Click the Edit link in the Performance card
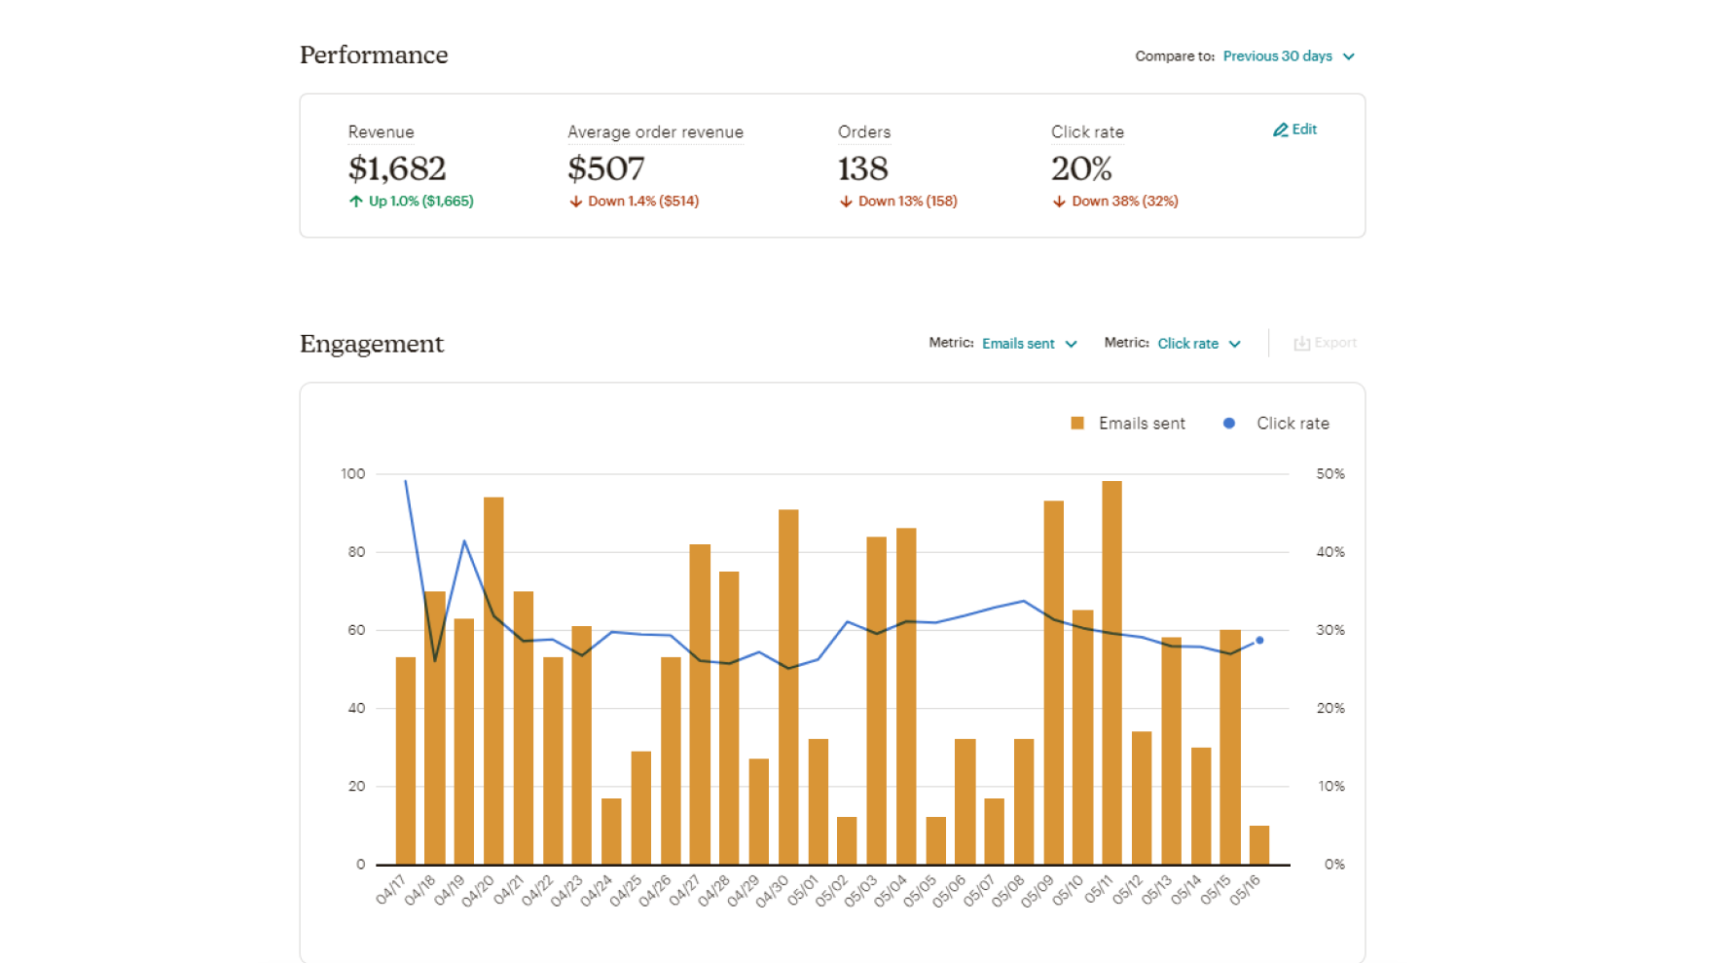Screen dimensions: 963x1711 (1295, 130)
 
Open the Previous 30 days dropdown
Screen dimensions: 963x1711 (1288, 56)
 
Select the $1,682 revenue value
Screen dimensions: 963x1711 (397, 168)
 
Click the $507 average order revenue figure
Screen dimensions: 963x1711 (605, 168)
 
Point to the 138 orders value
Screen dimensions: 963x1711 (862, 168)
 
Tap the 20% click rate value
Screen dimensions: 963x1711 (1080, 168)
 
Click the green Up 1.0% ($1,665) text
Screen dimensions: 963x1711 (412, 202)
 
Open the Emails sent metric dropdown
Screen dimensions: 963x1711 (1029, 344)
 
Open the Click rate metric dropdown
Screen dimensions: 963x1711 (1198, 344)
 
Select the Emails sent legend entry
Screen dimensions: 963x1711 (1129, 424)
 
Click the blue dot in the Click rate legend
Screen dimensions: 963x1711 (1229, 424)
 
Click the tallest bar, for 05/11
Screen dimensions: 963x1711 (1111, 672)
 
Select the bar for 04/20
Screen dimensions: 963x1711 (493, 682)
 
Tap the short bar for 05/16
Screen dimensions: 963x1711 (1259, 845)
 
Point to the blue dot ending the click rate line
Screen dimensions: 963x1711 (1259, 641)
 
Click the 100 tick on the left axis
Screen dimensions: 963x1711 (352, 474)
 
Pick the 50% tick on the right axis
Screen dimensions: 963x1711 (1330, 474)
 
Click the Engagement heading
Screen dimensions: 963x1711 (372, 344)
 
